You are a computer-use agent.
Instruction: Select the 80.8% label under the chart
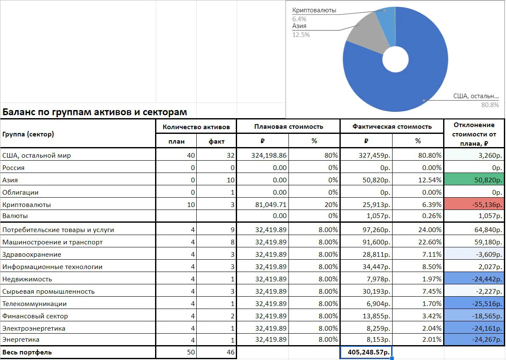click(490, 105)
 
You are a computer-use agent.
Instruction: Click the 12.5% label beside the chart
click(301, 34)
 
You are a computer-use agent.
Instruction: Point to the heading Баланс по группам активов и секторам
click(95, 112)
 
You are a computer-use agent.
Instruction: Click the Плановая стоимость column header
click(288, 127)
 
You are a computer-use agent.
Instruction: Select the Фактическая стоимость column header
click(392, 127)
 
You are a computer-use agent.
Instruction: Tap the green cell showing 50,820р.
click(474, 180)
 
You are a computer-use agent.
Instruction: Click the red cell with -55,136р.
click(474, 204)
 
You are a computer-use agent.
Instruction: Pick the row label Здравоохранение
click(31, 255)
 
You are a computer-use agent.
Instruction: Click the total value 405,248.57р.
click(366, 352)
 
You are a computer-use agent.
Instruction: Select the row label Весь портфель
click(27, 352)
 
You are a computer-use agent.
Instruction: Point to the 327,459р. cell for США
click(374, 155)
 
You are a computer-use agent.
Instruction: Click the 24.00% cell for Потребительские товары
click(430, 230)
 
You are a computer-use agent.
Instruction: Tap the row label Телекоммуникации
click(34, 304)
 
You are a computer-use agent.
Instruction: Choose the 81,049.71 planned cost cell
click(271, 205)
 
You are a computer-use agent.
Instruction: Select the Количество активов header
click(196, 127)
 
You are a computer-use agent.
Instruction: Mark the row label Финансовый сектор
click(35, 316)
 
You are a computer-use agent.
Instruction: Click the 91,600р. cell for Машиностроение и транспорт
click(376, 242)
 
